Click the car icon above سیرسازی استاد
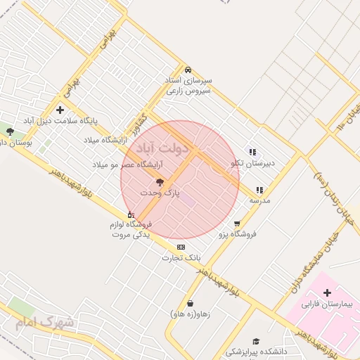coord(188,70)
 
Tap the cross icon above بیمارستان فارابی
coord(328,292)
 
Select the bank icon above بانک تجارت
coord(181,247)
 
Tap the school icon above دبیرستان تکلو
coord(252,152)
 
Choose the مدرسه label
coord(259,200)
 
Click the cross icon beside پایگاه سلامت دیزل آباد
coord(60,110)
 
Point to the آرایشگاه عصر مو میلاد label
coord(128,164)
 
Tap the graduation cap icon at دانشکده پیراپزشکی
coord(256,341)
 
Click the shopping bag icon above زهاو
coord(190,304)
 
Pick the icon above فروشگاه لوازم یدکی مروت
coord(131,214)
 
